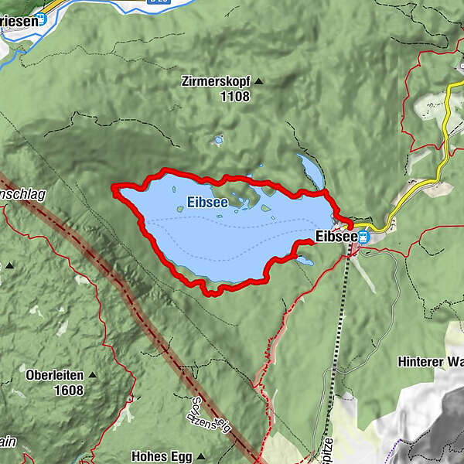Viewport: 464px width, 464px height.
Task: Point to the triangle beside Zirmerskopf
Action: tap(258, 80)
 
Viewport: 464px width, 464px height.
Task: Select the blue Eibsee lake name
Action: tap(207, 204)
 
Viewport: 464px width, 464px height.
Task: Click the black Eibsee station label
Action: tap(335, 236)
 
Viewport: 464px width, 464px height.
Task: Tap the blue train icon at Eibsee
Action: tap(363, 236)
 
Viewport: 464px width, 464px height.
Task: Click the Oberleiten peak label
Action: tap(55, 375)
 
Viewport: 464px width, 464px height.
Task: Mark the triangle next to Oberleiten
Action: tap(92, 375)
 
